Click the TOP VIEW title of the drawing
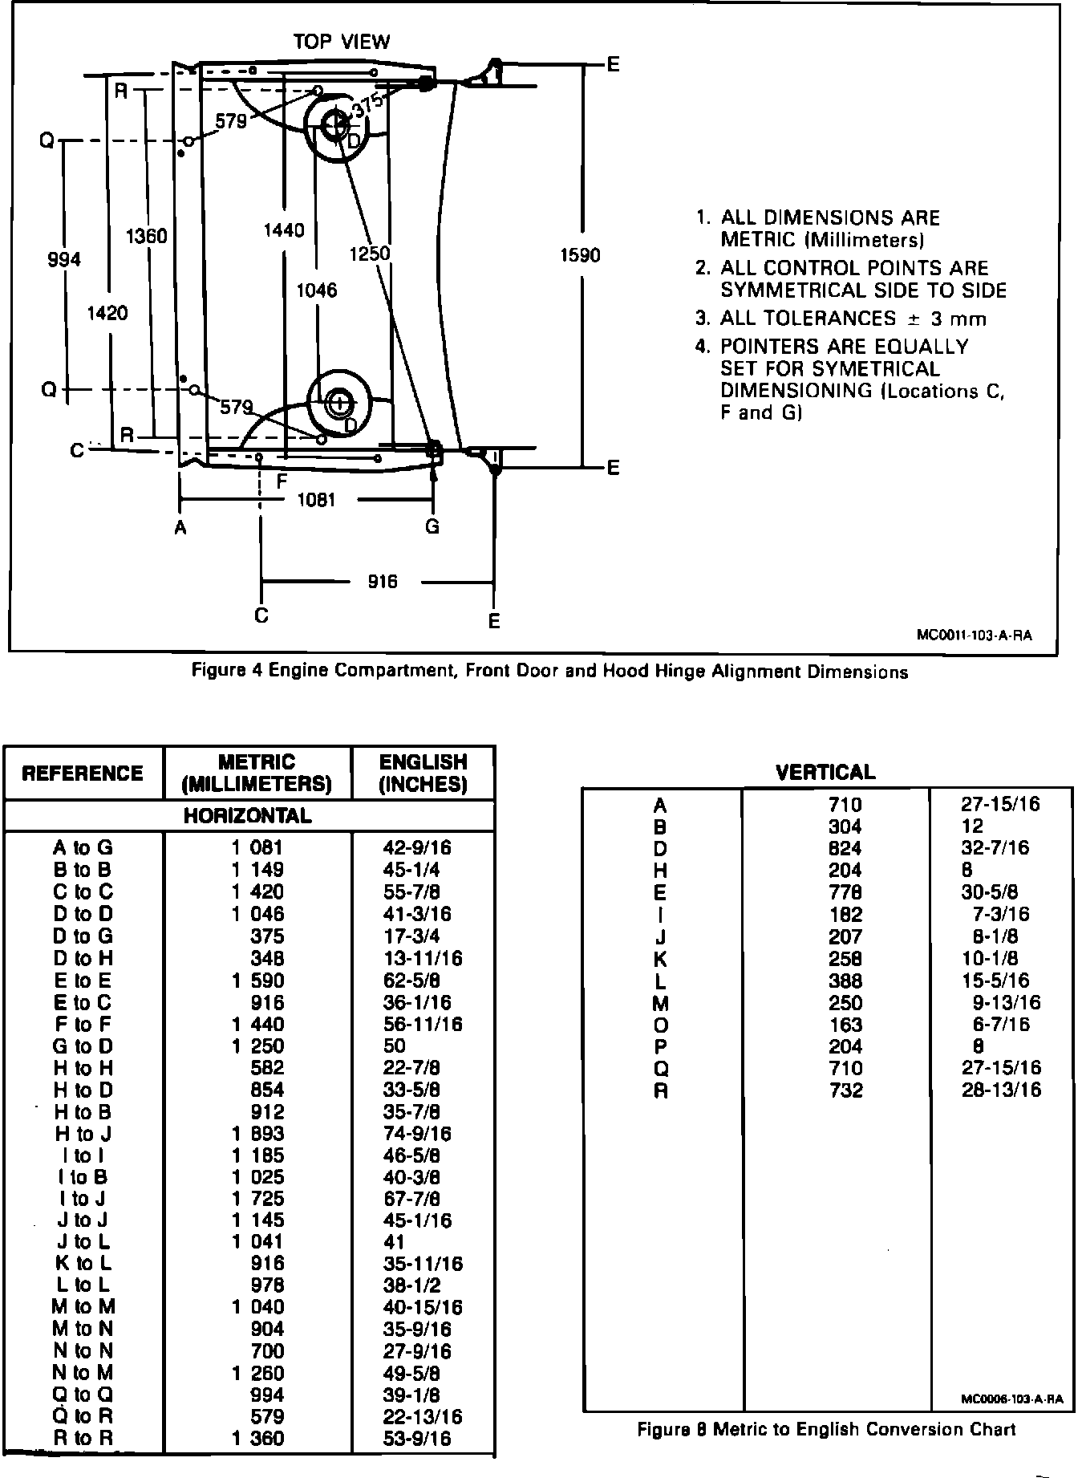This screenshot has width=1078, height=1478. click(x=341, y=42)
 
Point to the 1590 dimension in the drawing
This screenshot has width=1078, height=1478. click(x=580, y=255)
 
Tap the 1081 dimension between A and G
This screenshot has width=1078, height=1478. click(x=316, y=500)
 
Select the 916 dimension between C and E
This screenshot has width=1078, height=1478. click(x=383, y=581)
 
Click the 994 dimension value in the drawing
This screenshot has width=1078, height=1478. click(x=64, y=259)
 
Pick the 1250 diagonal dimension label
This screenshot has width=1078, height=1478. click(x=370, y=254)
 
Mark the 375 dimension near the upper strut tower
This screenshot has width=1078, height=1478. click(x=368, y=105)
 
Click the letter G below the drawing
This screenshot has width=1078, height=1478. click(x=432, y=526)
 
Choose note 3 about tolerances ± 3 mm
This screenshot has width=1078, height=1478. click(x=841, y=319)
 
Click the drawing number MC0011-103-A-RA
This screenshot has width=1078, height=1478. click(x=974, y=635)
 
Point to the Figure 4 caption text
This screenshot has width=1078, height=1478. click(x=549, y=672)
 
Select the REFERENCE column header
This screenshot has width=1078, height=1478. click(x=83, y=773)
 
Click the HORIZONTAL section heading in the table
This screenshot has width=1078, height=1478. click(x=247, y=816)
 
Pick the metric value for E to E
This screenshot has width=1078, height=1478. click(x=258, y=981)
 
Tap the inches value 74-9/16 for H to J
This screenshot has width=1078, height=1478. click(x=417, y=1134)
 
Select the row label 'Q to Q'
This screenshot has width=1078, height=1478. click(x=83, y=1395)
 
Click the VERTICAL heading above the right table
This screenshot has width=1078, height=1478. click(x=825, y=773)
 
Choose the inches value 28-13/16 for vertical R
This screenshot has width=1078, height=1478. click(x=1001, y=1090)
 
